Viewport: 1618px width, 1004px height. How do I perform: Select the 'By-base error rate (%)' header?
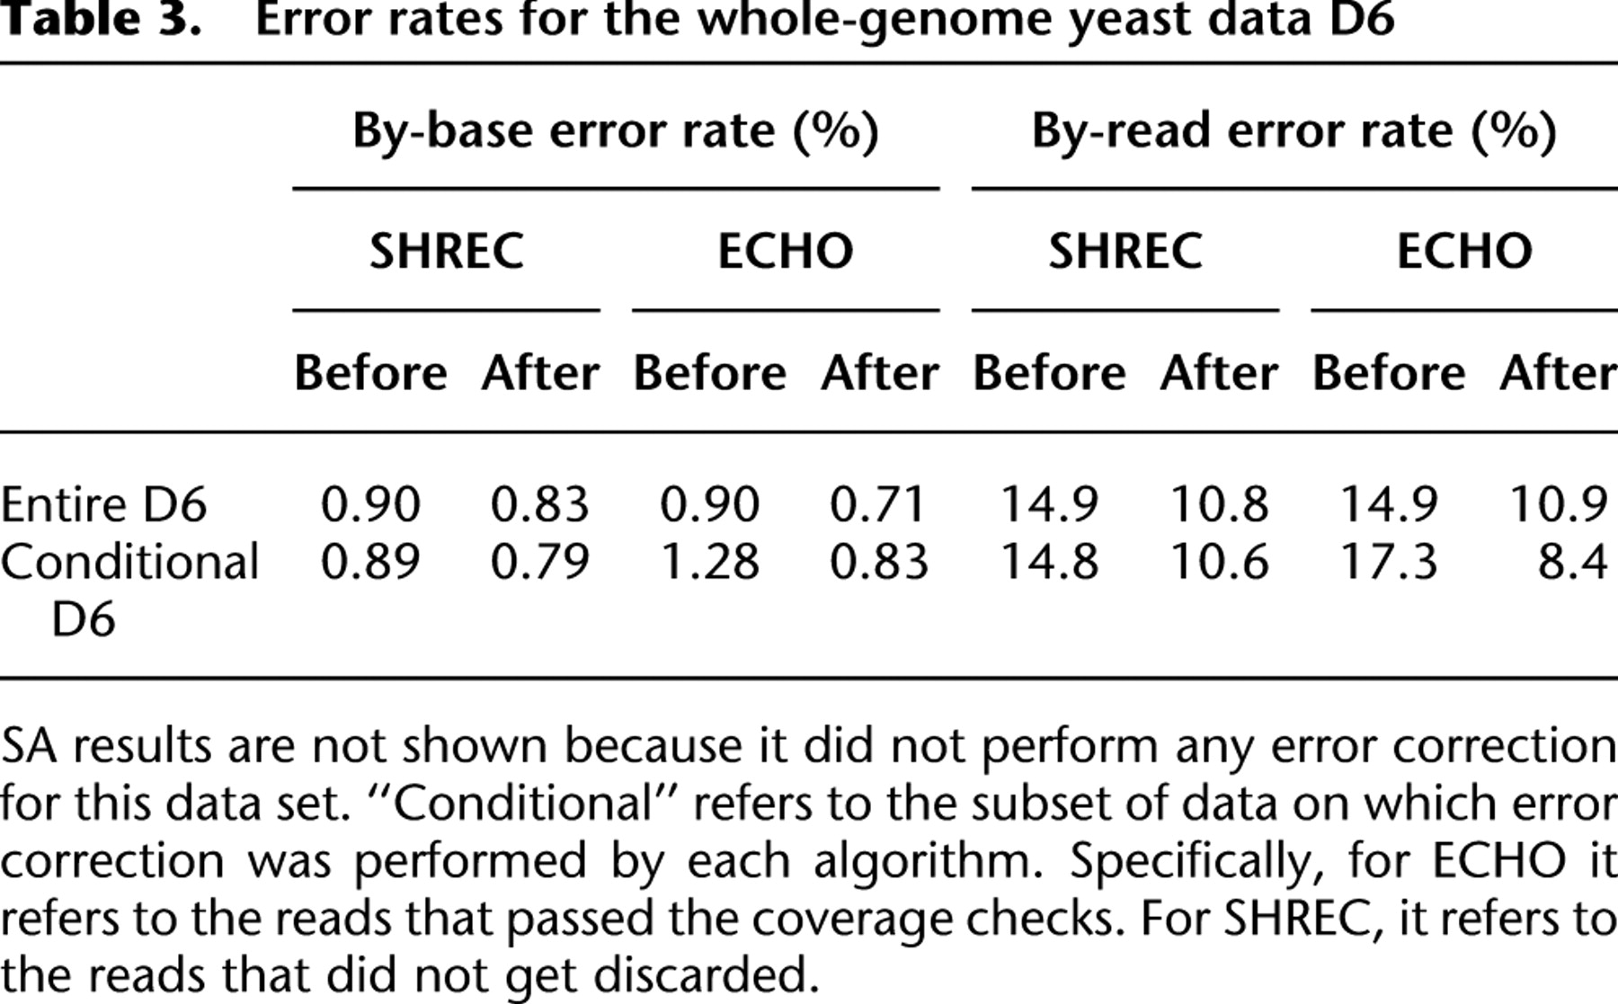[616, 132]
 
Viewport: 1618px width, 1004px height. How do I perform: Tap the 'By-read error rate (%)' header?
[1294, 132]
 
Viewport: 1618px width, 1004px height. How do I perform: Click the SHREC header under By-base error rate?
[447, 250]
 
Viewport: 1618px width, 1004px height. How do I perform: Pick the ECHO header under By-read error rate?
[1464, 250]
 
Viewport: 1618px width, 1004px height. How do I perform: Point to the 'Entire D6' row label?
[103, 504]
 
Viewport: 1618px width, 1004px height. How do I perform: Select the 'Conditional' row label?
[129, 563]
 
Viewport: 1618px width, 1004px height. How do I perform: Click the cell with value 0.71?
[878, 504]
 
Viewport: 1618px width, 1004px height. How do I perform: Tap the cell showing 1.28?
[710, 563]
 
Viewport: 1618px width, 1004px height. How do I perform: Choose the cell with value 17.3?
[1389, 563]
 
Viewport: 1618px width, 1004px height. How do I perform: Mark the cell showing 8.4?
[1572, 563]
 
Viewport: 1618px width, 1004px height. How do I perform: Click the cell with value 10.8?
[1219, 504]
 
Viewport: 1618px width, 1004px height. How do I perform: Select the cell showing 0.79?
[539, 563]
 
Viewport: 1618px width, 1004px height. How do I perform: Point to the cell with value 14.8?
[1049, 563]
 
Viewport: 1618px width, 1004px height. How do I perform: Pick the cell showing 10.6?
[1219, 563]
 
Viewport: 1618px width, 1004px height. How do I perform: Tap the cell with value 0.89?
[370, 563]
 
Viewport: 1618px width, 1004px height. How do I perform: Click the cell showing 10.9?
[1559, 504]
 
